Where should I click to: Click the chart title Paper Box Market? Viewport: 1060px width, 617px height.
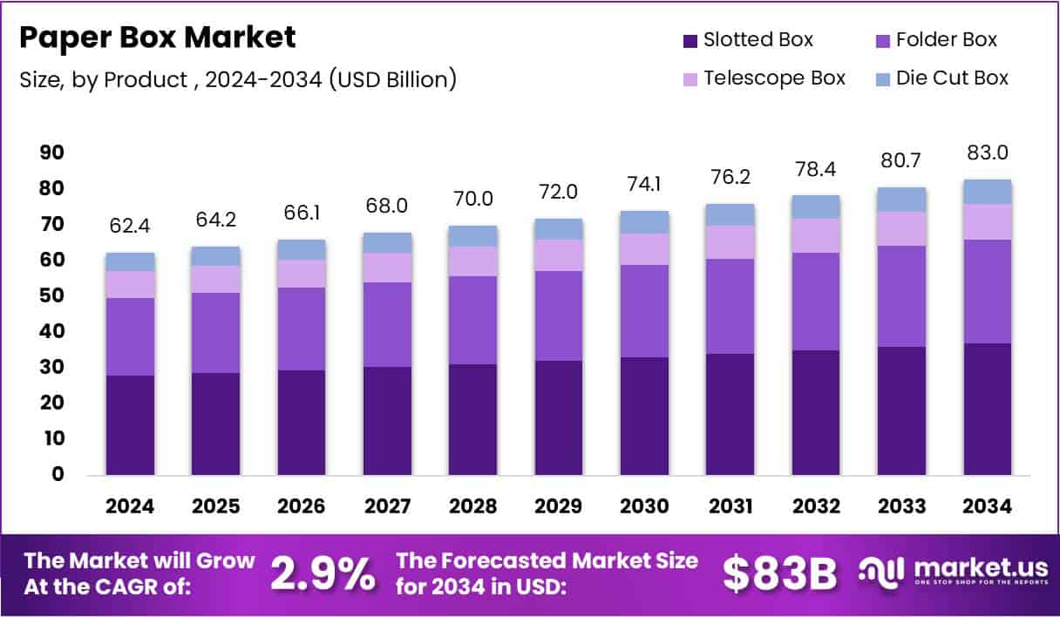pyautogui.click(x=158, y=37)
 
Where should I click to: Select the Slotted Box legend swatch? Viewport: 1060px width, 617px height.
pyautogui.click(x=690, y=40)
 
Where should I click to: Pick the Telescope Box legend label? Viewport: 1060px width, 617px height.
pyautogui.click(x=774, y=78)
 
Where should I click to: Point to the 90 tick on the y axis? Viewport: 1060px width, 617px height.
pyautogui.click(x=52, y=153)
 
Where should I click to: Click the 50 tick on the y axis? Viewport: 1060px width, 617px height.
pyautogui.click(x=52, y=296)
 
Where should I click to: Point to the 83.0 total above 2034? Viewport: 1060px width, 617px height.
pyautogui.click(x=988, y=153)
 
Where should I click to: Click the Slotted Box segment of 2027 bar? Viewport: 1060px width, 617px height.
pyautogui.click(x=387, y=420)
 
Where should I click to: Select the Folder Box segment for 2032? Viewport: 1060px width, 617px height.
pyautogui.click(x=816, y=302)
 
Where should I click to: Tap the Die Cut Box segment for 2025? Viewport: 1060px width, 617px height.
pyautogui.click(x=215, y=256)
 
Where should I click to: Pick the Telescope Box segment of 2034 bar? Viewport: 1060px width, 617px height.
pyautogui.click(x=988, y=222)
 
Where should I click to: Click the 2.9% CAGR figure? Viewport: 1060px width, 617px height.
pyautogui.click(x=323, y=573)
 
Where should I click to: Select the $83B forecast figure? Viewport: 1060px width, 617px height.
pyautogui.click(x=779, y=573)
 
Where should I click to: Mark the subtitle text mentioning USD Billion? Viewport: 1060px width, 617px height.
pyautogui.click(x=238, y=79)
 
